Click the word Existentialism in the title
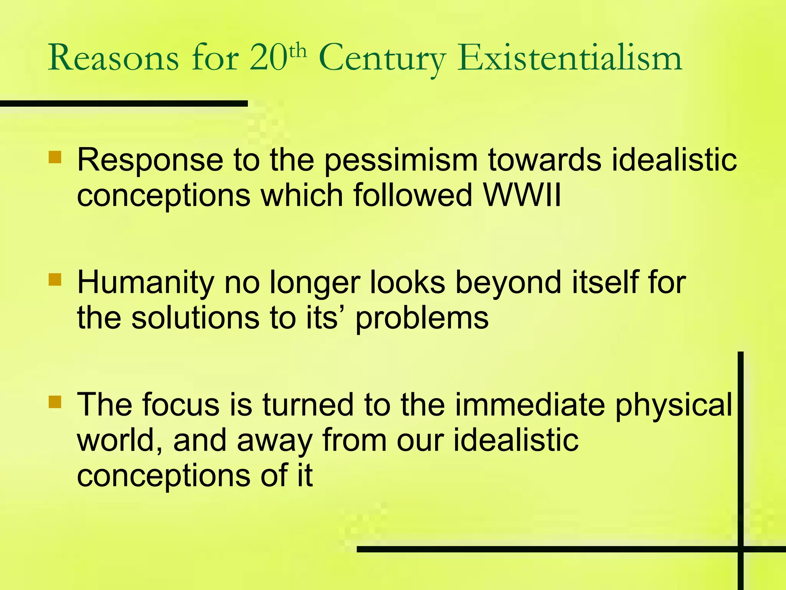570,59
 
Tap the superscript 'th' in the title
298,52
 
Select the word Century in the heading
382,60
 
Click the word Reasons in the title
113,59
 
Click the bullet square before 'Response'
55,157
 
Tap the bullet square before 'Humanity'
55,280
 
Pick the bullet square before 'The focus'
55,401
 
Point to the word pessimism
401,161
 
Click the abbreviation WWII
522,195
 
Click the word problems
422,319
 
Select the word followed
413,195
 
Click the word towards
545,160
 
